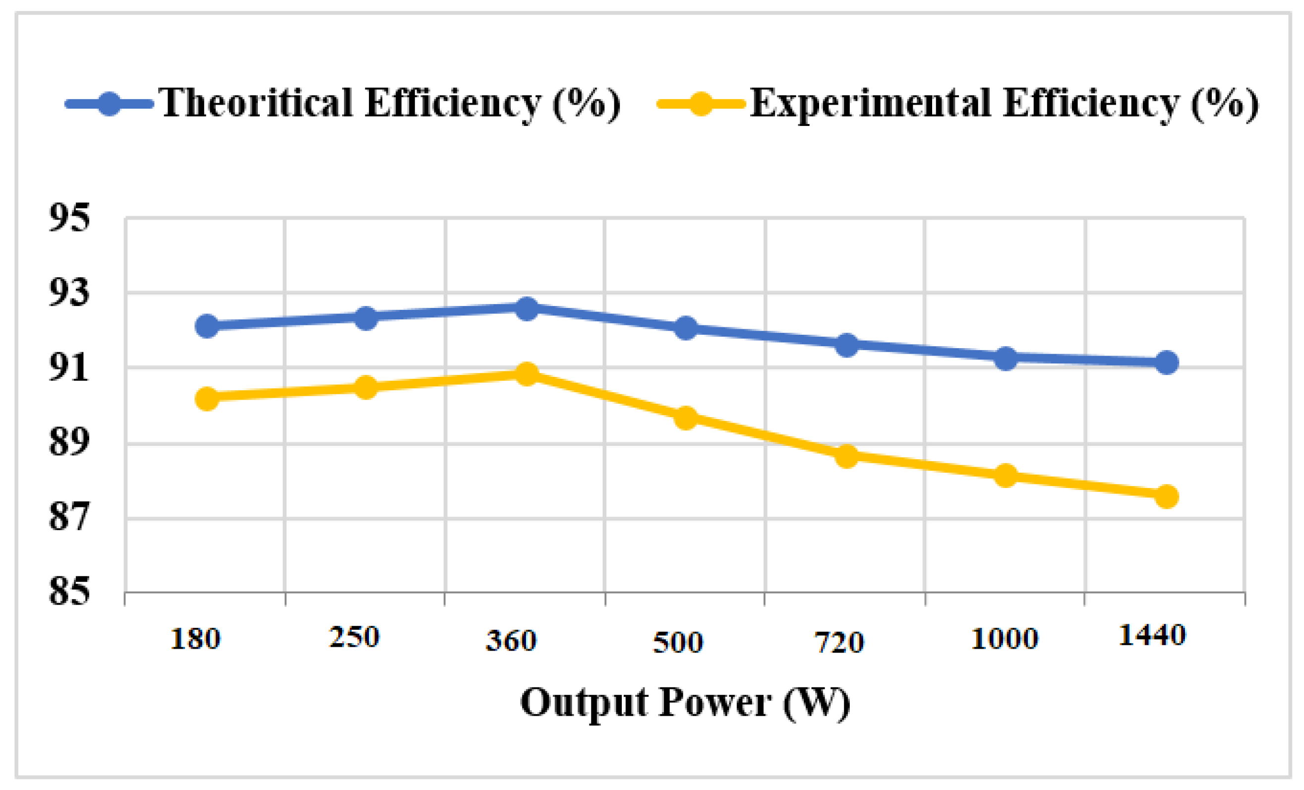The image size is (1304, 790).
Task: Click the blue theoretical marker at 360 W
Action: tap(527, 308)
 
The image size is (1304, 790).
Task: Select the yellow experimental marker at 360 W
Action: tap(527, 374)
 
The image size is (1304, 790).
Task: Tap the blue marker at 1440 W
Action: tap(1166, 363)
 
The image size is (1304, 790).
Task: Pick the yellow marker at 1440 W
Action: tap(1166, 496)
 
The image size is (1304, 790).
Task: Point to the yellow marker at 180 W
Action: tap(207, 398)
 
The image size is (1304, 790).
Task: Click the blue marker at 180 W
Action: tap(207, 326)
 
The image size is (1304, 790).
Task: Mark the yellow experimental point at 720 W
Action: tap(847, 456)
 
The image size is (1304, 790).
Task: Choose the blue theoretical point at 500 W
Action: tap(686, 328)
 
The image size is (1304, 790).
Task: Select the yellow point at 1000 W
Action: tap(1006, 476)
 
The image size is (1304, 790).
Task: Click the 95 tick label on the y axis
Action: tap(69, 217)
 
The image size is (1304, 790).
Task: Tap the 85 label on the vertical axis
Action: tap(69, 591)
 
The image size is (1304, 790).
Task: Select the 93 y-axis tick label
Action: tap(69, 292)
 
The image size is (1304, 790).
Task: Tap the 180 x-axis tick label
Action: tap(195, 639)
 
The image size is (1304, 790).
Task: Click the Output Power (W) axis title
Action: tap(685, 703)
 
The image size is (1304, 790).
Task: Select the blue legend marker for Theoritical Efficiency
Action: tap(110, 104)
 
